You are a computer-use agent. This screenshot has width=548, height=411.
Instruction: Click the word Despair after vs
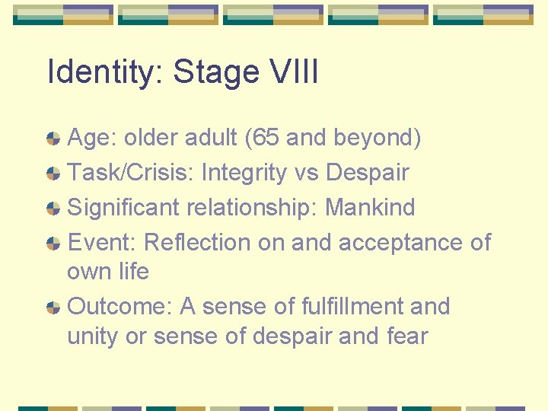click(x=368, y=173)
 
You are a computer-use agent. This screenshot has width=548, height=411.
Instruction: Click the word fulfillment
click(x=351, y=307)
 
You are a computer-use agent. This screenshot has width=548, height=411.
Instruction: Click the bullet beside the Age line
click(x=53, y=139)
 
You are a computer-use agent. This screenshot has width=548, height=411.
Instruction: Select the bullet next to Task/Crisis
click(x=53, y=174)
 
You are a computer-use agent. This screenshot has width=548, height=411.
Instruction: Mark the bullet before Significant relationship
click(x=53, y=208)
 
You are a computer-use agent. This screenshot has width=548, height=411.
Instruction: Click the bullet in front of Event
click(x=53, y=244)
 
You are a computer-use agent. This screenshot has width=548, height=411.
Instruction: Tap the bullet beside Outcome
click(x=53, y=307)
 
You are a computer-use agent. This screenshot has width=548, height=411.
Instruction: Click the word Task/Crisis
click(x=130, y=173)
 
